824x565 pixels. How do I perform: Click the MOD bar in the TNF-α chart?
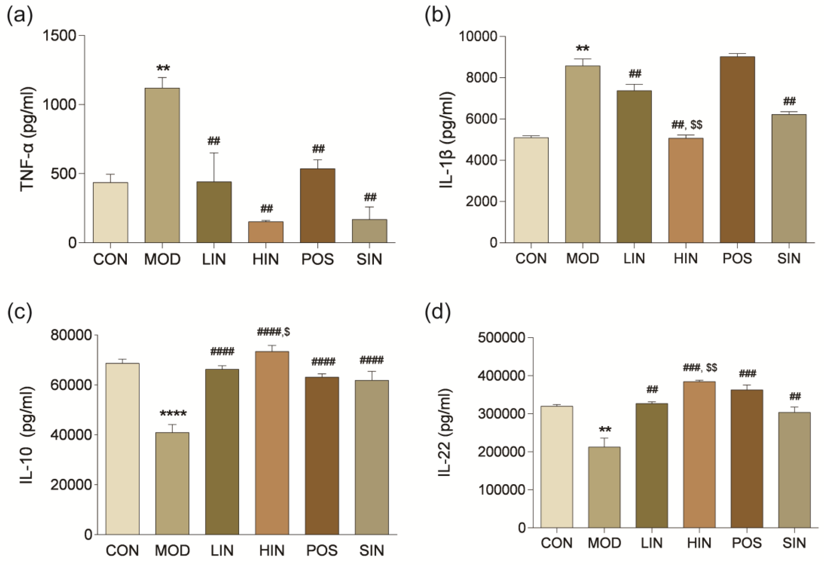pyautogui.click(x=162, y=165)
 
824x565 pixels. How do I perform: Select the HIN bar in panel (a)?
pyautogui.click(x=266, y=232)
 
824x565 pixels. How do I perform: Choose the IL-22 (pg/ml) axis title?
pyautogui.click(x=446, y=432)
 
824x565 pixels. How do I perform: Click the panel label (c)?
pyautogui.click(x=20, y=311)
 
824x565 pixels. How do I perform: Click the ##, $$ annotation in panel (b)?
pyautogui.click(x=686, y=125)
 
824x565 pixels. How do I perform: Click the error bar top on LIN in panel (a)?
pyautogui.click(x=214, y=153)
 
